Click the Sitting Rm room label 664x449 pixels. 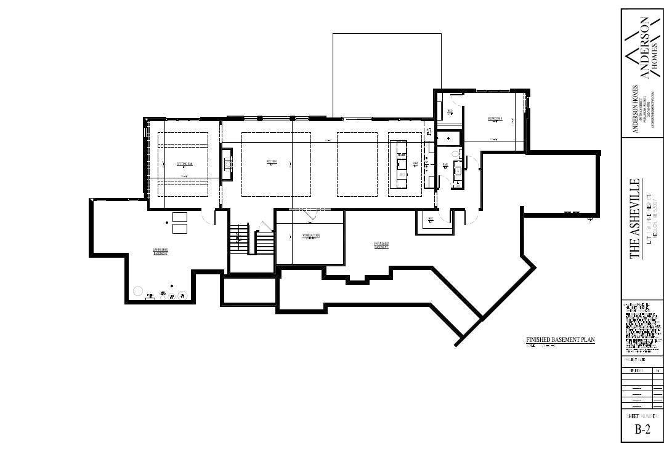coord(184,164)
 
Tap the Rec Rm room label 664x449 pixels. coord(271,162)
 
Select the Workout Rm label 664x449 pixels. coord(310,236)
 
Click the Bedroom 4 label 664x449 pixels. coord(495,118)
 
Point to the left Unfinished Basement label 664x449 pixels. coord(161,251)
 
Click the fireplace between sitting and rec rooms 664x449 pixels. coord(227,164)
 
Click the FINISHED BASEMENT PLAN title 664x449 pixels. coord(560,340)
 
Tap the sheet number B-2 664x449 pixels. coord(642,430)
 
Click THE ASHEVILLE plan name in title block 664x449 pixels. coord(634,219)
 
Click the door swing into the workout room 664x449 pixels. coord(311,213)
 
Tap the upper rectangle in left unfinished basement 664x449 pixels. coord(180,217)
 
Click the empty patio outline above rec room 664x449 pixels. coord(387,74)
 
